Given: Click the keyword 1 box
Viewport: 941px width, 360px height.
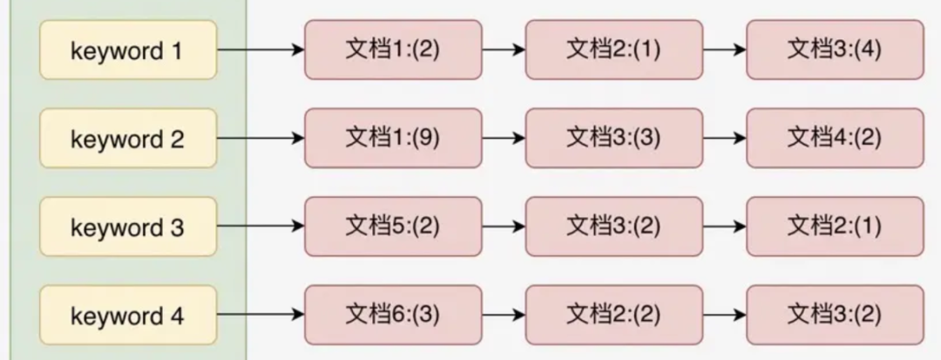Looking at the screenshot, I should tap(127, 51).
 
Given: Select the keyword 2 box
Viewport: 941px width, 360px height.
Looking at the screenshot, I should tap(127, 139).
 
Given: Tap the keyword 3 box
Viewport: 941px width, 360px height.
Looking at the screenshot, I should tap(127, 227).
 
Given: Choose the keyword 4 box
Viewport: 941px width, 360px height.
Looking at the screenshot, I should tap(127, 315).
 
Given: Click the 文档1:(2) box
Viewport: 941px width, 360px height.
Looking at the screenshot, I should tap(393, 50).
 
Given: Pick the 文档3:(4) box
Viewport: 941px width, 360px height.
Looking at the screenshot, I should tap(835, 50).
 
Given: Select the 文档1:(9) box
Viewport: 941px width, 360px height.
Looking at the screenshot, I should tap(393, 138).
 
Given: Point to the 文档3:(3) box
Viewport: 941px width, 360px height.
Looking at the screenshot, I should tap(613, 138).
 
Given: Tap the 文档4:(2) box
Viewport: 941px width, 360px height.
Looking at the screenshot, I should tap(835, 138).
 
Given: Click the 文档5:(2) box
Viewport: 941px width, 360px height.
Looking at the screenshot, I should tap(393, 226).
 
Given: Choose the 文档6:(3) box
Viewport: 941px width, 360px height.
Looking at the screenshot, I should tap(393, 314).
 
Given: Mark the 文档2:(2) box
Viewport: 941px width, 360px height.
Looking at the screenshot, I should tap(613, 314).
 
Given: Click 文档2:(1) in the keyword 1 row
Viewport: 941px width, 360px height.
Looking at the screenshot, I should tap(613, 50).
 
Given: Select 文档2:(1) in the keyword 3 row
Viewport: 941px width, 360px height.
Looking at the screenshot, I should tap(835, 226).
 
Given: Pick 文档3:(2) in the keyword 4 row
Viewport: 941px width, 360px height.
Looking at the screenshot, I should tap(835, 314).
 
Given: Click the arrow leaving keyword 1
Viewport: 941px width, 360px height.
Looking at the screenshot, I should tap(260, 50).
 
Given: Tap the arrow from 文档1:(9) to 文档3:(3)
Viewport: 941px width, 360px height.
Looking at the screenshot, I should tap(504, 138).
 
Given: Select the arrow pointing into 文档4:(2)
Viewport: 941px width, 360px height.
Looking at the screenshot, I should tap(724, 138).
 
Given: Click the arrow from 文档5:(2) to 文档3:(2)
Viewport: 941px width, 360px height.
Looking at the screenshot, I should tap(504, 226).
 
